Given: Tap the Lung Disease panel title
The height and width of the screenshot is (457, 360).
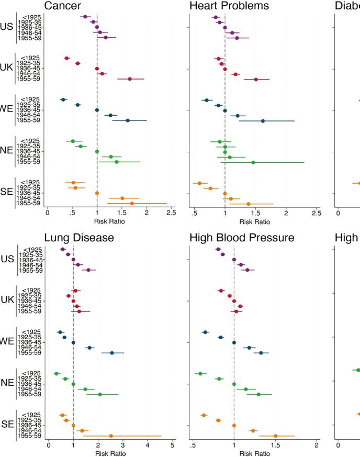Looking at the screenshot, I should (78, 238).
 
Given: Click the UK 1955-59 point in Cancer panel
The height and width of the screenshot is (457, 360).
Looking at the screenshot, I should (130, 79).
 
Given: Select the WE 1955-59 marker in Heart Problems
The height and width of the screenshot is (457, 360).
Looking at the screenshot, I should (263, 121).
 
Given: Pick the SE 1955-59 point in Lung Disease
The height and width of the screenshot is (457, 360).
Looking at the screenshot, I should (111, 436).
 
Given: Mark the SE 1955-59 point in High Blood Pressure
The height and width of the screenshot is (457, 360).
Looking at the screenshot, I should (276, 436).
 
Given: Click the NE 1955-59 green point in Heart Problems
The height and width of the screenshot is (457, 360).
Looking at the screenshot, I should (253, 162).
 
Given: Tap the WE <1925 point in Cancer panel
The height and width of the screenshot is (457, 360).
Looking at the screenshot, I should (63, 99).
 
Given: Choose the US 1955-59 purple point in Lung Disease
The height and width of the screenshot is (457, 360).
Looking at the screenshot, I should (88, 270).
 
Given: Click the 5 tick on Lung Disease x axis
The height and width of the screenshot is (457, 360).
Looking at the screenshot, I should (172, 445).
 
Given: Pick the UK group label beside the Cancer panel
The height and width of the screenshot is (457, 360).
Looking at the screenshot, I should (7, 68).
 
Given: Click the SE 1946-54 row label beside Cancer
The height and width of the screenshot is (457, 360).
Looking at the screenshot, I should (30, 198).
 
